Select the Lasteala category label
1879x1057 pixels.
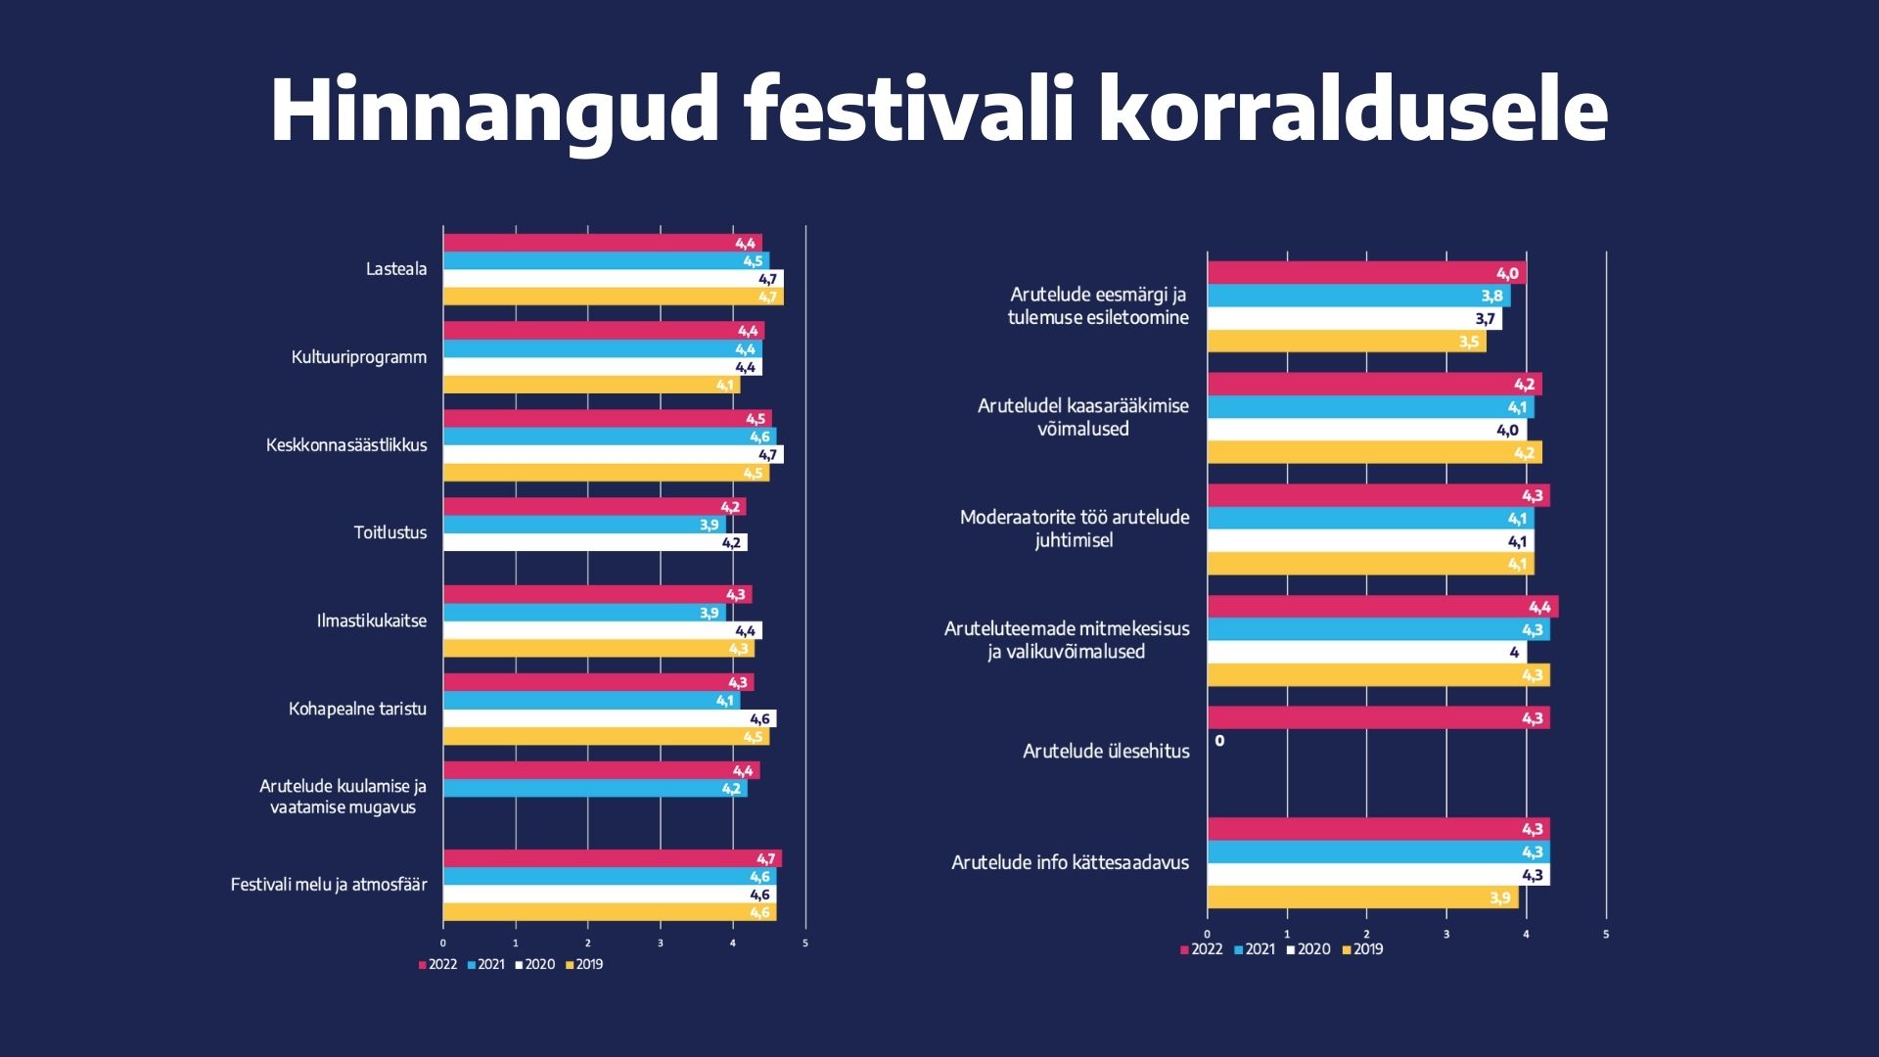396,269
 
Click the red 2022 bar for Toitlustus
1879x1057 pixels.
594,507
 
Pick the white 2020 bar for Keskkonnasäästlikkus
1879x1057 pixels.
613,455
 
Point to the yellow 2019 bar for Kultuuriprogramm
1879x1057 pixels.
591,386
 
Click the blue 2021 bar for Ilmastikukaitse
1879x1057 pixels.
584,614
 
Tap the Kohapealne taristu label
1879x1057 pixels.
357,709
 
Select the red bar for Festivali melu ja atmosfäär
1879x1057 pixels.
612,859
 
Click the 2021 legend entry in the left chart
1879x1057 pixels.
486,965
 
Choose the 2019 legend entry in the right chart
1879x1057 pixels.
1362,949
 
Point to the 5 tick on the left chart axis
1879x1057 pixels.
805,943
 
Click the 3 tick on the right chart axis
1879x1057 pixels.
1446,935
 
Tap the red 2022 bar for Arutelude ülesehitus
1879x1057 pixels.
1378,718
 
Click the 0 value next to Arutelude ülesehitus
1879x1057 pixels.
1219,741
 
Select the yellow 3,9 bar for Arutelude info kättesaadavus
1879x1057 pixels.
1362,897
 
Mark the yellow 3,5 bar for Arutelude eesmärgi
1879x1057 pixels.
1346,342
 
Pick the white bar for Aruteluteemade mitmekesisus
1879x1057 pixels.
1366,653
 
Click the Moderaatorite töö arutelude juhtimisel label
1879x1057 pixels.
1075,528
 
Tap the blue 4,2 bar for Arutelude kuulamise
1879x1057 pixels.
594,789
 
